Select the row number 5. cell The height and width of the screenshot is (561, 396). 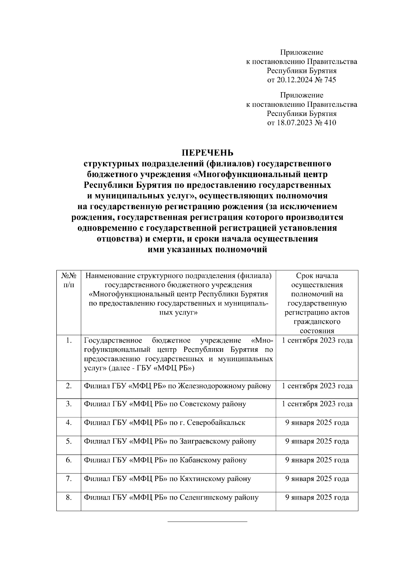69,441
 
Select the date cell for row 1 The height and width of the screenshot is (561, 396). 317,341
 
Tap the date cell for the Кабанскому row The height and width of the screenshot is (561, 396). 317,460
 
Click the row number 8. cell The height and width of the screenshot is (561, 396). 69,497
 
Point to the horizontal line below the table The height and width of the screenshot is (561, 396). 207,522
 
